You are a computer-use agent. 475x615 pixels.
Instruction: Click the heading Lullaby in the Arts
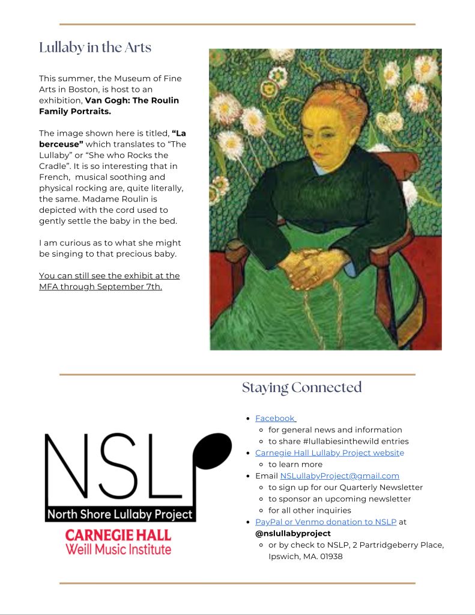click(95, 47)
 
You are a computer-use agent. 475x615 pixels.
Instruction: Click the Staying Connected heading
click(301, 388)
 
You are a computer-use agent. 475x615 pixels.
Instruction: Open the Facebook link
click(275, 418)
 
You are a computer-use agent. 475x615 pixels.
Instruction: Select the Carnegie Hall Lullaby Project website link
click(329, 453)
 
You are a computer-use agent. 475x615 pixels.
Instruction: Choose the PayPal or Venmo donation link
click(325, 522)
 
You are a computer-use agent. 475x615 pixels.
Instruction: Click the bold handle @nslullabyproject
click(292, 533)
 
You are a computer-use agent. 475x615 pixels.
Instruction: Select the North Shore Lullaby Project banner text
click(120, 515)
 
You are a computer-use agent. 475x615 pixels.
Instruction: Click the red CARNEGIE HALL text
click(118, 535)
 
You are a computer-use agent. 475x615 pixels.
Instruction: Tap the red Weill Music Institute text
click(118, 549)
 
